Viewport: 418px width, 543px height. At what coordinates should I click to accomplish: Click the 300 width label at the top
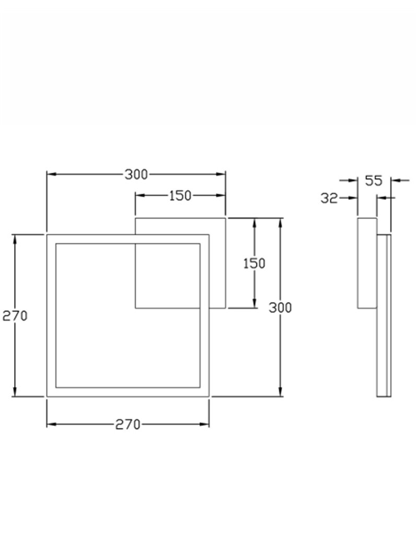[x=136, y=174]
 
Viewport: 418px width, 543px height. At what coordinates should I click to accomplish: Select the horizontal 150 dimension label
[x=180, y=196]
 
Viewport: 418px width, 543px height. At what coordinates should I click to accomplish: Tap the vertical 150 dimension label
[x=254, y=264]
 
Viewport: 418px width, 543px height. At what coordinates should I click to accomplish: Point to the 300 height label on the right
[x=281, y=308]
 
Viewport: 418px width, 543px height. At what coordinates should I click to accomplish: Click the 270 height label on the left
[x=15, y=316]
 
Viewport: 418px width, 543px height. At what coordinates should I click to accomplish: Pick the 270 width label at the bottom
[x=128, y=424]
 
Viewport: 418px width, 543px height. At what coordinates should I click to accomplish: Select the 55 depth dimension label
[x=374, y=181]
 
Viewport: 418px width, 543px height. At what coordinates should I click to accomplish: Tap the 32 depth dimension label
[x=329, y=198]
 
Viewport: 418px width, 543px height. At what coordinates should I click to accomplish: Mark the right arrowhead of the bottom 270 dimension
[x=204, y=424]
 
